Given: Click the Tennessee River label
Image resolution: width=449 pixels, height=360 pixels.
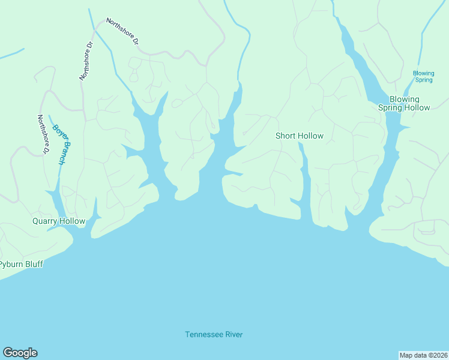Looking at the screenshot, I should point(214,335).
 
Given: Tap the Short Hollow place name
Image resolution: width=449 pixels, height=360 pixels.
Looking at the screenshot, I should point(299,136).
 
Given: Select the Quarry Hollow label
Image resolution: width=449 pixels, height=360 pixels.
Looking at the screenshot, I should point(59,221).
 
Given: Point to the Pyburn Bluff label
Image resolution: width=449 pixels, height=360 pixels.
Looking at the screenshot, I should point(22,264).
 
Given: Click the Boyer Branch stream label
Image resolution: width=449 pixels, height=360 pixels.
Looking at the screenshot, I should point(61,144).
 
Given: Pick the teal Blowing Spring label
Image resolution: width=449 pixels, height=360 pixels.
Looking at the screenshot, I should point(423,76).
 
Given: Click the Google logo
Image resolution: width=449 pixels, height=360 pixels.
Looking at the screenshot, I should point(20,353).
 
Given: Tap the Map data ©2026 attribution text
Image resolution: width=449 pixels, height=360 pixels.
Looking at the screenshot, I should point(423,355).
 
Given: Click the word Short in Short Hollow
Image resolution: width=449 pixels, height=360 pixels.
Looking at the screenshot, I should point(286,136).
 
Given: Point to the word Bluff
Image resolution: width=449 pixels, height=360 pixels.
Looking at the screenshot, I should point(32,264).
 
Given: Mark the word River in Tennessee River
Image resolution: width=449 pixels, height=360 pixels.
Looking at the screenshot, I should point(232,335).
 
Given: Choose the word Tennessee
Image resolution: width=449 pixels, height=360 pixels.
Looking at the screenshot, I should point(202,335).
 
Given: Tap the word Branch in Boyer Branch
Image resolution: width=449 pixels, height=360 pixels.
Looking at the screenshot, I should point(64,152).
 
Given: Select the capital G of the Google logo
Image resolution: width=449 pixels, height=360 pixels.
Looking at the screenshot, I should point(8,353).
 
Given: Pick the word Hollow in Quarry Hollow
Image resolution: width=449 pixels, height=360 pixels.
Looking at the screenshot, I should point(72,221).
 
